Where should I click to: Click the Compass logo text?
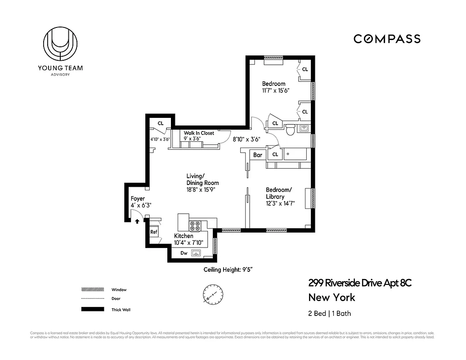pyautogui.click(x=387, y=39)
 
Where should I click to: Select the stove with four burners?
pyautogui.click(x=196, y=226)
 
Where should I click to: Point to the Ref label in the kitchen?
pyautogui.click(x=154, y=232)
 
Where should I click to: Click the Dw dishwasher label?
pyautogui.click(x=184, y=253)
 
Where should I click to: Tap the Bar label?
pyautogui.click(x=258, y=155)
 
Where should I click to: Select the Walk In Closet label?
pyautogui.click(x=199, y=133)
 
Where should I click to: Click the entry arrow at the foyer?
pyautogui.click(x=137, y=221)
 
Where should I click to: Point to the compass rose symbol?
pyautogui.click(x=211, y=295)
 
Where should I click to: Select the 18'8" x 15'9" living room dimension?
pyautogui.click(x=202, y=190)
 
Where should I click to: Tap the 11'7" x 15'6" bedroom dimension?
pyautogui.click(x=275, y=90)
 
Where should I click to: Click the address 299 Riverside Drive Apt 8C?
pyautogui.click(x=360, y=283)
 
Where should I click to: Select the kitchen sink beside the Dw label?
pyautogui.click(x=196, y=253)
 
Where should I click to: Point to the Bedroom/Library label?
pyautogui.click(x=279, y=193)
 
